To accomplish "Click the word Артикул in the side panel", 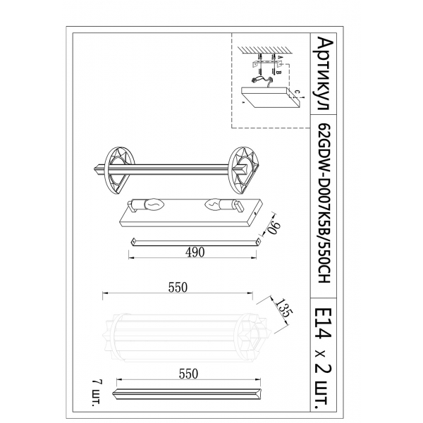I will [x=325, y=74].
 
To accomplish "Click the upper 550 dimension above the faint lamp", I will [x=178, y=288].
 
